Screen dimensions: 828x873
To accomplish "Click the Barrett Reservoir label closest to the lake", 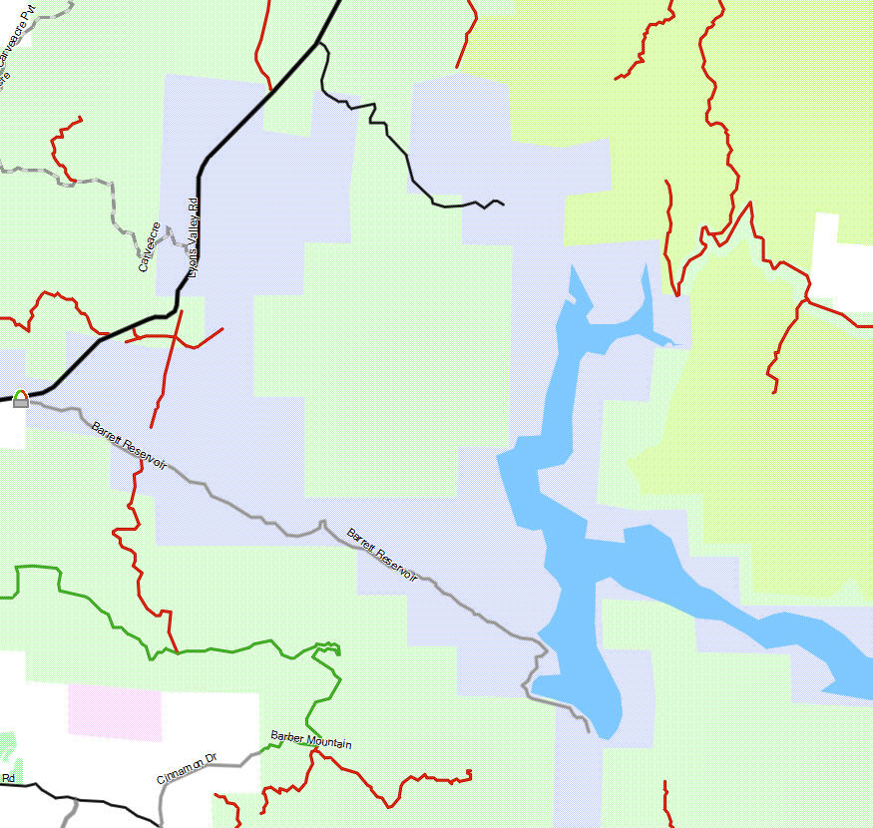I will point(382,553).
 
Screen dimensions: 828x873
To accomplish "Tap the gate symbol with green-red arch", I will point(21,399).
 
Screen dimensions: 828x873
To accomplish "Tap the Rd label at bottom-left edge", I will point(7,777).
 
